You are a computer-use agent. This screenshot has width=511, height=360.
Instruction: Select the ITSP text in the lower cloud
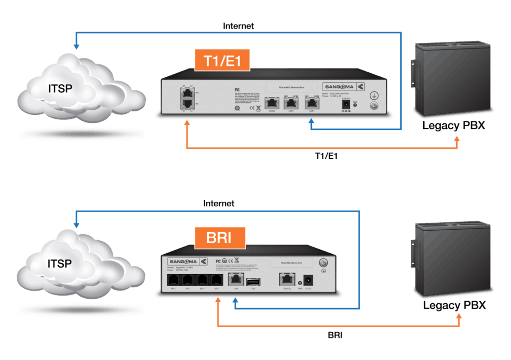coord(59,263)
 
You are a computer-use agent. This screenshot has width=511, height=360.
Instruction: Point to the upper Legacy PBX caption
coord(454,125)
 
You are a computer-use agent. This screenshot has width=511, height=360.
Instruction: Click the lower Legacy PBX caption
coord(454,305)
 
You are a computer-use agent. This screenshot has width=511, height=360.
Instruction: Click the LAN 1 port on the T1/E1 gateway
coord(312,103)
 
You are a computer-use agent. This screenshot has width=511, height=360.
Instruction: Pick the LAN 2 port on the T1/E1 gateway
coord(290,103)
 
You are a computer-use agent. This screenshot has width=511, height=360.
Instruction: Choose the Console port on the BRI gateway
coord(286,280)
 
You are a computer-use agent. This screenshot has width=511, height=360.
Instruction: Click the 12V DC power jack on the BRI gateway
coord(308,281)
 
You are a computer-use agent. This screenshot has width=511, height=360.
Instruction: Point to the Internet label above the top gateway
coord(239,26)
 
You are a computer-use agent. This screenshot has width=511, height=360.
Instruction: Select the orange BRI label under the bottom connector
coord(335,335)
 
